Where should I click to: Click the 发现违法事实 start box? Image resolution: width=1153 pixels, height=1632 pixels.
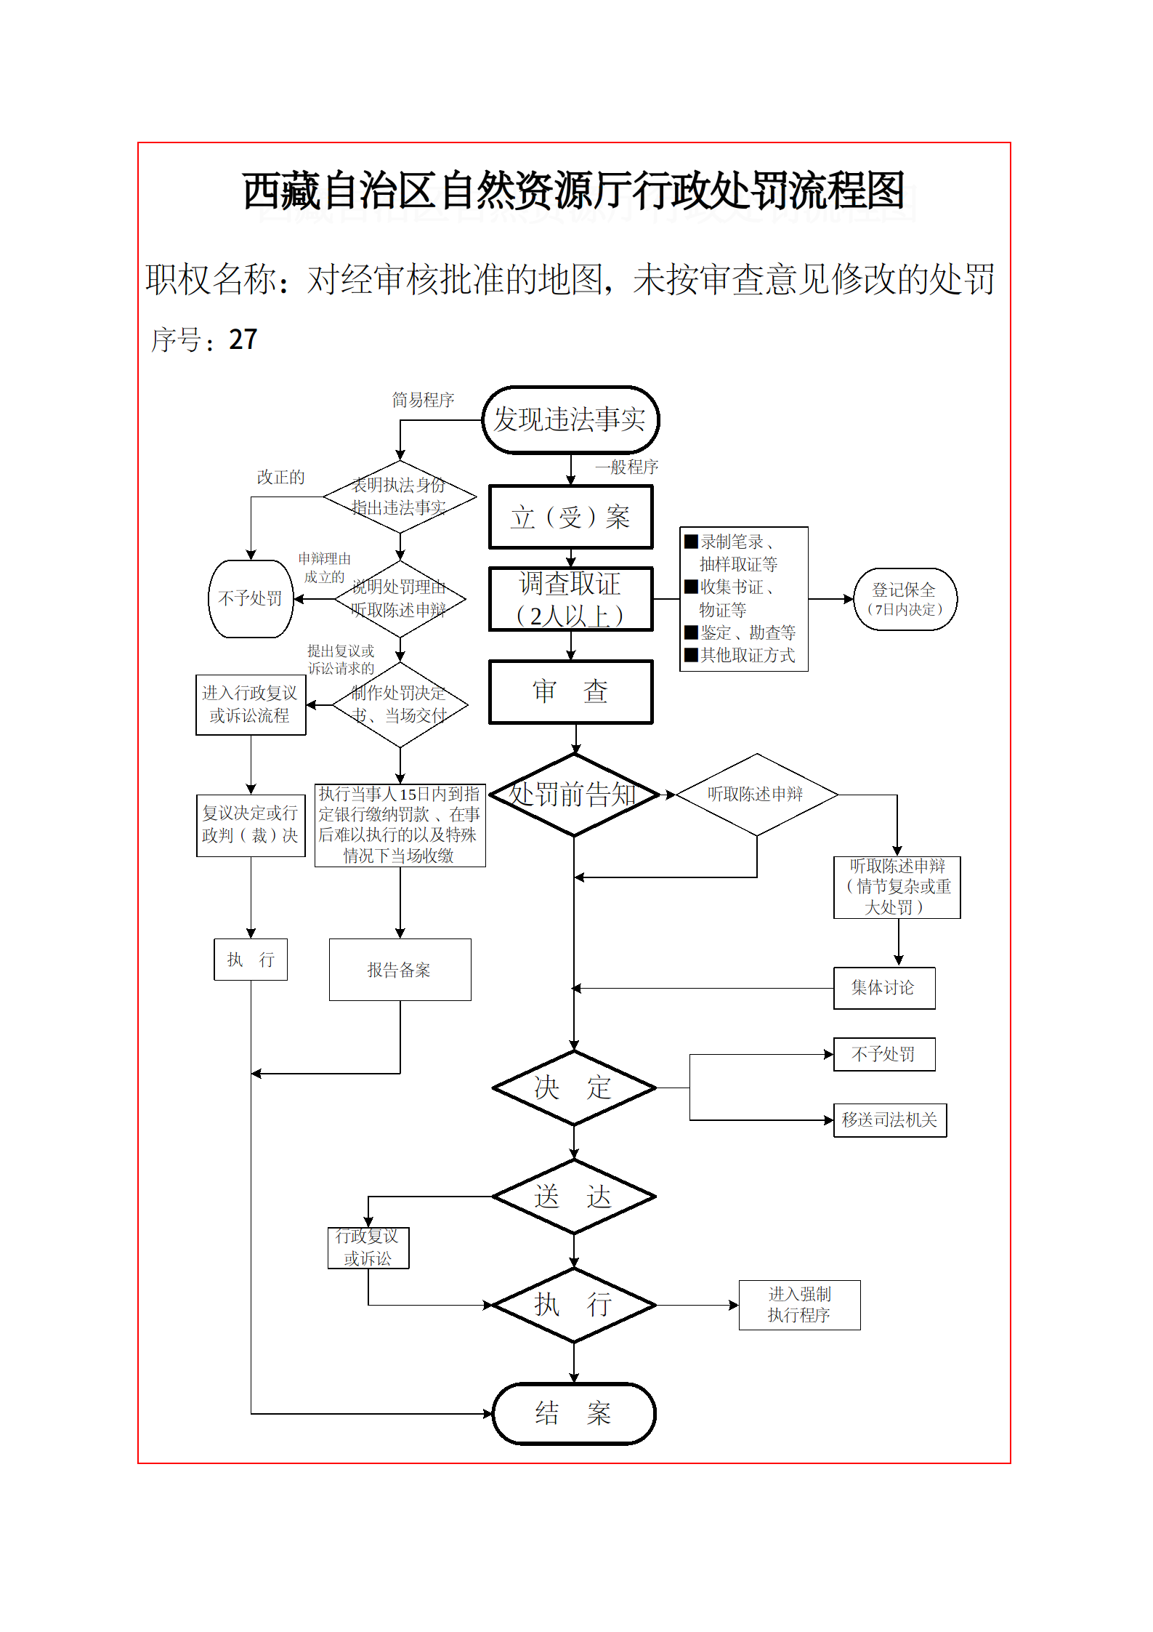[570, 419]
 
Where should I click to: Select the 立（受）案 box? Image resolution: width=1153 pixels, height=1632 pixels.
[570, 517]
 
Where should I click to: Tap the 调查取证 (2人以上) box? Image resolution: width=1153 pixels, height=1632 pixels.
[570, 599]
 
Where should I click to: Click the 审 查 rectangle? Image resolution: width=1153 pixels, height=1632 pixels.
[570, 691]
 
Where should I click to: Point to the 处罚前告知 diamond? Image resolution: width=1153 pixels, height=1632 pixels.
[574, 795]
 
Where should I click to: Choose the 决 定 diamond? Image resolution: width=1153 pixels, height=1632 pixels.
[574, 1088]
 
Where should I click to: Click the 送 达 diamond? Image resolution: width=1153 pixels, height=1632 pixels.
[574, 1196]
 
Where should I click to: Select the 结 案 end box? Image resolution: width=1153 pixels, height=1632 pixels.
[574, 1413]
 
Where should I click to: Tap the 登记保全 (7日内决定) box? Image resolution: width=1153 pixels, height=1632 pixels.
[905, 599]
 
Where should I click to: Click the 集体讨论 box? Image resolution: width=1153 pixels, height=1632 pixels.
[884, 988]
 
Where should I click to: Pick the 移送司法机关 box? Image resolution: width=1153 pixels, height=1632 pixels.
[890, 1120]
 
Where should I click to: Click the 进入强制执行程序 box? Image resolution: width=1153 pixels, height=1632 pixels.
[799, 1305]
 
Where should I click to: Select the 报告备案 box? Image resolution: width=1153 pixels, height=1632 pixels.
[400, 970]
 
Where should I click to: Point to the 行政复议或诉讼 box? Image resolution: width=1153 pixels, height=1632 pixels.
[368, 1247]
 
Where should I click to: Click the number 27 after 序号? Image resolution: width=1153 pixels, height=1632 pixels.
[243, 339]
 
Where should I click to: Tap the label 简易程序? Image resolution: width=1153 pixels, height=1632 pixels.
[423, 400]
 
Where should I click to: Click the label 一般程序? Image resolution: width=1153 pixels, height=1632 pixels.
[626, 467]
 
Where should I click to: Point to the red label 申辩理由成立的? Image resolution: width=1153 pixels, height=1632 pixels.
[325, 568]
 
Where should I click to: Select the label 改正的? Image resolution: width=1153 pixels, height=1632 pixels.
[280, 477]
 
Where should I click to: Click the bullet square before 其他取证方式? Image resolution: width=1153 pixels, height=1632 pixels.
[691, 655]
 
